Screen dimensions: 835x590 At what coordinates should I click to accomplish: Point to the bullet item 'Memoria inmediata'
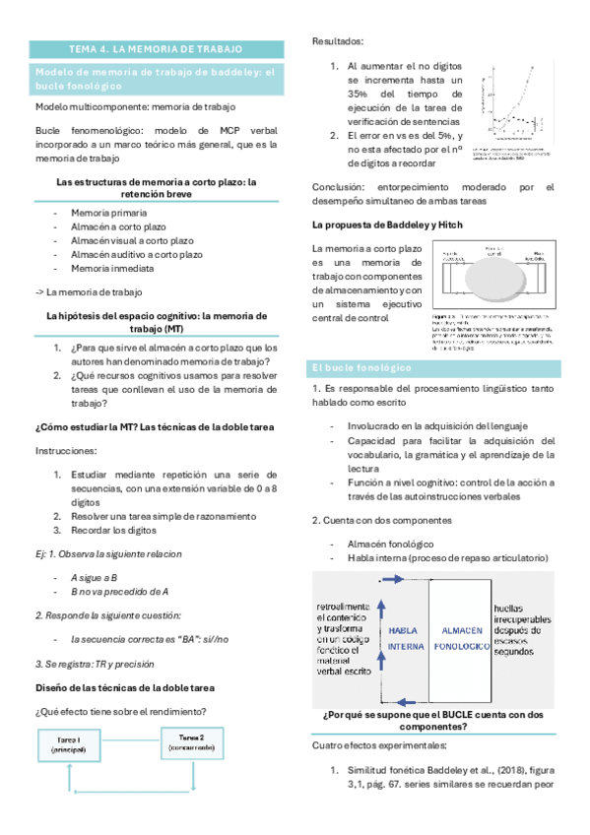pos(112,268)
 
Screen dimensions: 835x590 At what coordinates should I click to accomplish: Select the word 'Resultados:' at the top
pos(337,41)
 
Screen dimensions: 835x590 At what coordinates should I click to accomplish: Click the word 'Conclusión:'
pos(341,187)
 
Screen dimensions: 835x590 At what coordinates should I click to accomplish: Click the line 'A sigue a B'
pos(95,578)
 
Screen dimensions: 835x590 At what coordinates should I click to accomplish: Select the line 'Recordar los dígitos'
pos(117,529)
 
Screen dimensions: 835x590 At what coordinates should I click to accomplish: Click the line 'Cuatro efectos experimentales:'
pos(379,744)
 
